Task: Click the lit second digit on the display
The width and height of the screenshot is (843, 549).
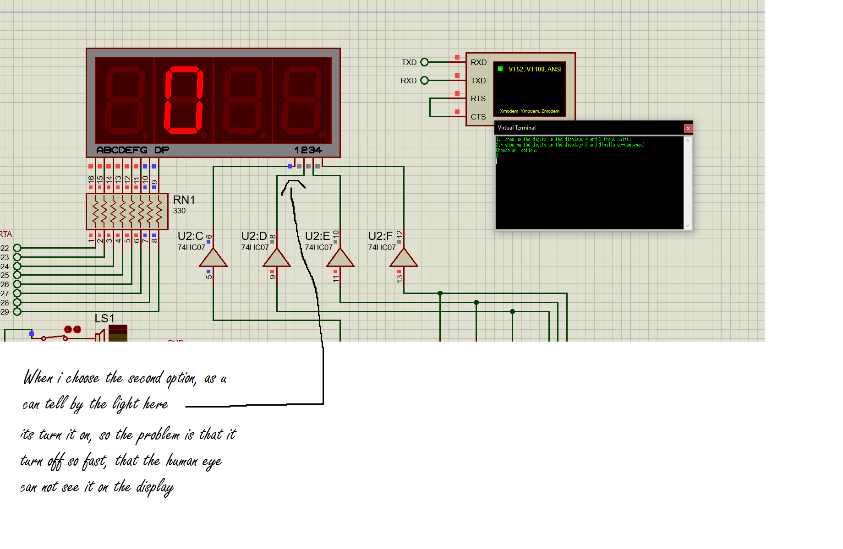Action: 184,101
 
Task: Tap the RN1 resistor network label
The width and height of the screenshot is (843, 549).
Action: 184,200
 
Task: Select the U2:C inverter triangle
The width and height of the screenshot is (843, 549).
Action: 213,258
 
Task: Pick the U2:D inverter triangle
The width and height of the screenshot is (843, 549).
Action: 277,258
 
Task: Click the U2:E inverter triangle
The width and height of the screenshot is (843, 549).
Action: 340,258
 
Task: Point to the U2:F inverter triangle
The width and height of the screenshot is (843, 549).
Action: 404,258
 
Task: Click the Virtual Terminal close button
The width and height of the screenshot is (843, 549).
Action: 688,128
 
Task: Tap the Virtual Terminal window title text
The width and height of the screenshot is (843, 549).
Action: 516,128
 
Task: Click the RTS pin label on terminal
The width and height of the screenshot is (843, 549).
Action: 478,98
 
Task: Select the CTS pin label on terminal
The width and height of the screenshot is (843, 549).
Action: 478,117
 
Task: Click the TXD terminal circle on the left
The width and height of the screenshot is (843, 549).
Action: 424,62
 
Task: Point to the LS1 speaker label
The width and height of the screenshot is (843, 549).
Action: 104,319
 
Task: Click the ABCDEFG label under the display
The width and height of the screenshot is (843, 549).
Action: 121,150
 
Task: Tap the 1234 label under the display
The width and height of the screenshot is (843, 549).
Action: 308,150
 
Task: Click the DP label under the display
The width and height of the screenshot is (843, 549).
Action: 161,150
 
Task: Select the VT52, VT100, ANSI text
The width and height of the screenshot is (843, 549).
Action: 535,69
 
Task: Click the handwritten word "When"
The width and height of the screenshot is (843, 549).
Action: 38,378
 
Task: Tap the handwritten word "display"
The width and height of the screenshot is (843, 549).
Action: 154,487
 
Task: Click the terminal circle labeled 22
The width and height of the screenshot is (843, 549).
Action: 17,248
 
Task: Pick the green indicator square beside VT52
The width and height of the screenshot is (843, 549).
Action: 500,69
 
